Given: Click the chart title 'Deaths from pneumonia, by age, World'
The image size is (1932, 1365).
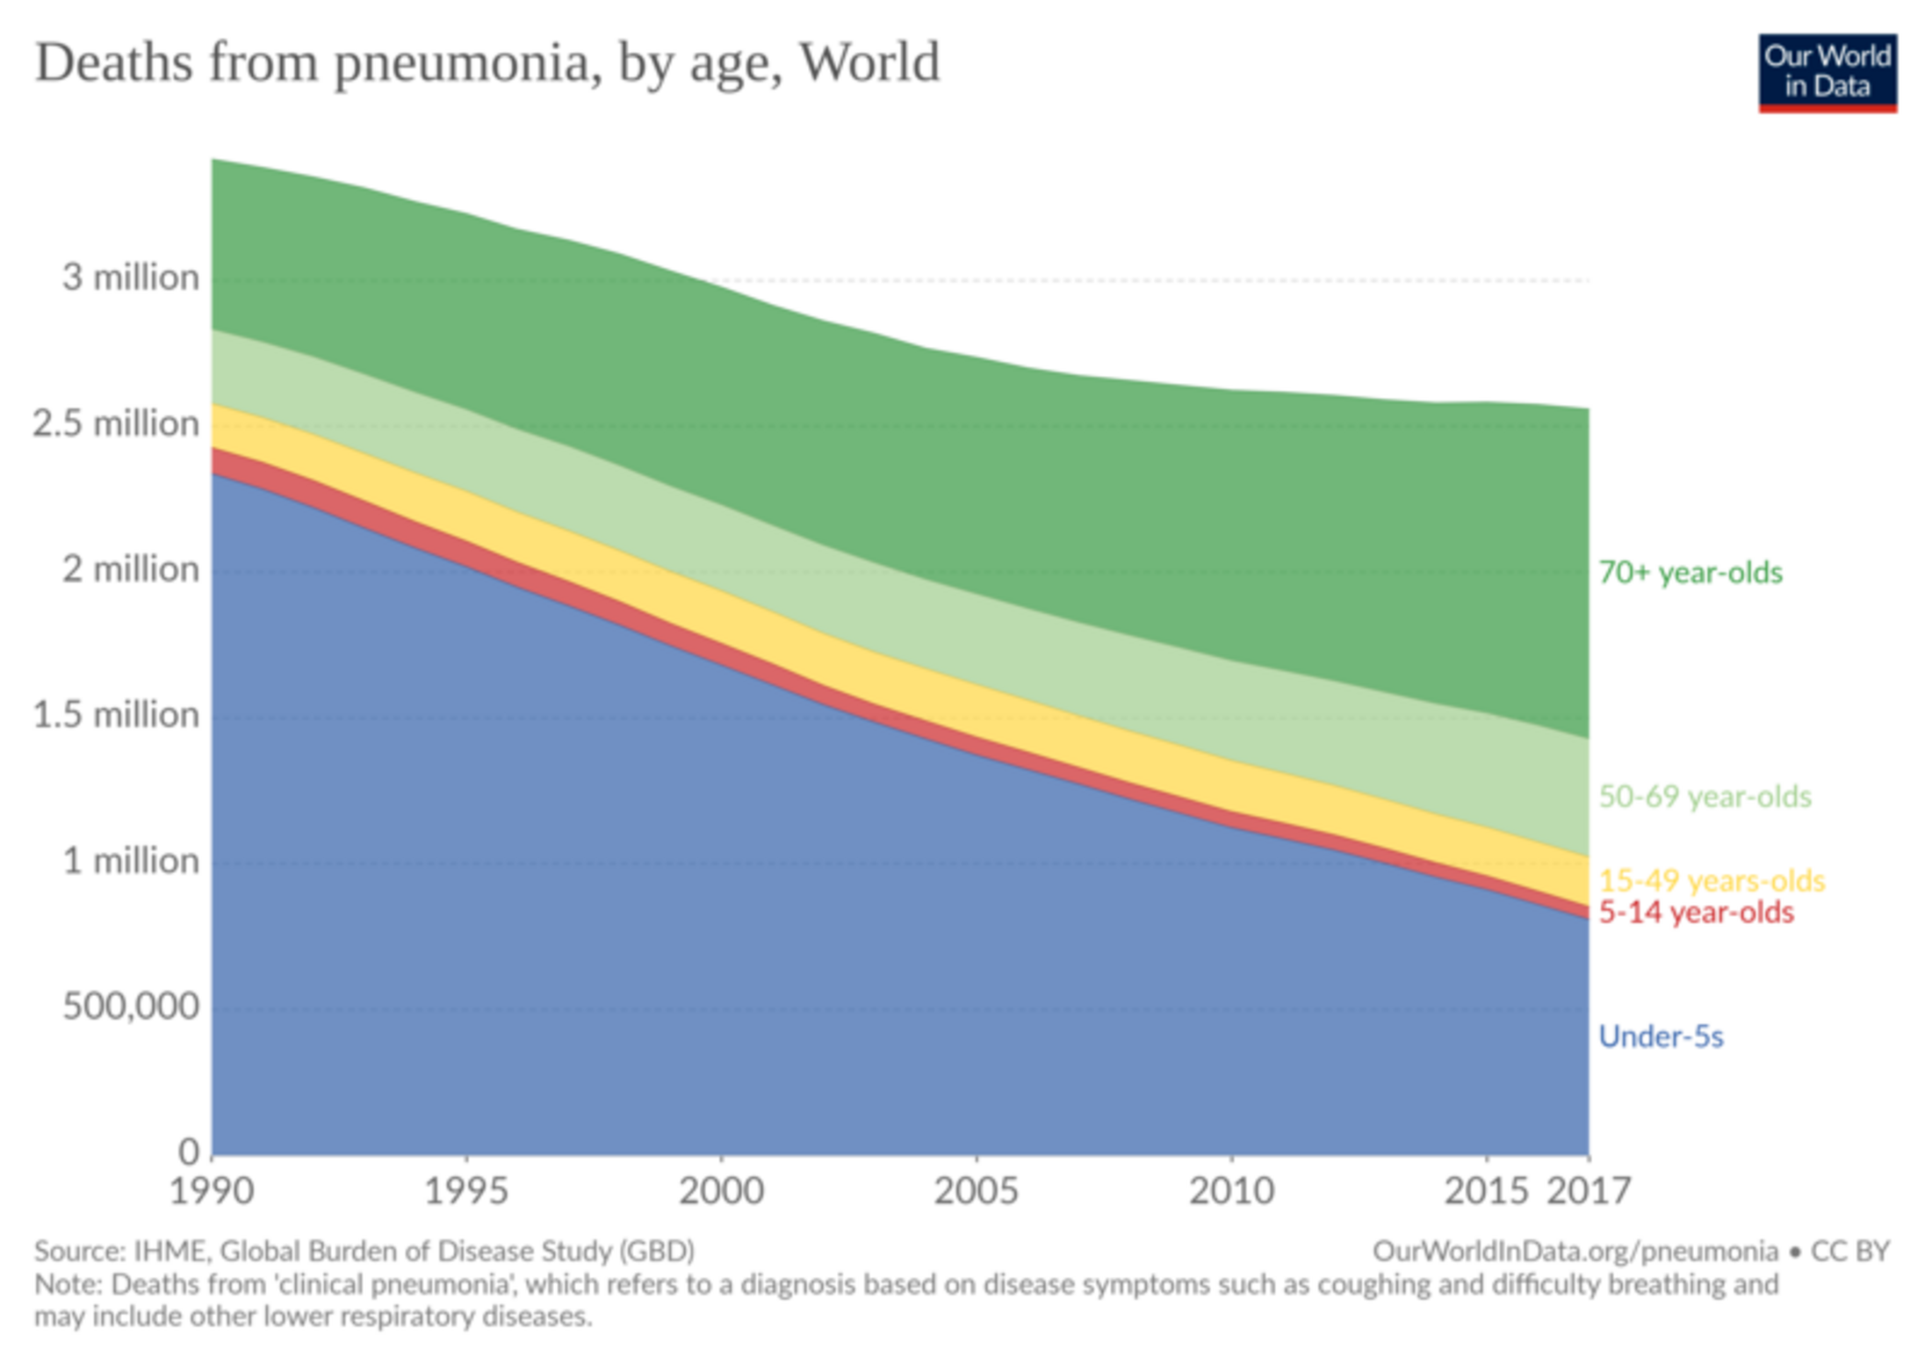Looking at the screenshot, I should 487,63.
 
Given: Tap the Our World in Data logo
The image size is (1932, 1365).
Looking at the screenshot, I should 1827,72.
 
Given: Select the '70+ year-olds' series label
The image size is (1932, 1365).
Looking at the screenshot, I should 1690,573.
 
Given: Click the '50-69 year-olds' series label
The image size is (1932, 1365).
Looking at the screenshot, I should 1705,797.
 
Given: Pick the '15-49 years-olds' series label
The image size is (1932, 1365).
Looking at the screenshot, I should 1712,880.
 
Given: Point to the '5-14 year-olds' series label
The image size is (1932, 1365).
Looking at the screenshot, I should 1696,913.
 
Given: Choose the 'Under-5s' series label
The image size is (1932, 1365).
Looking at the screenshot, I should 1661,1036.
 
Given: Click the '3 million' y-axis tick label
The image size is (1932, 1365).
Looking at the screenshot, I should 130,278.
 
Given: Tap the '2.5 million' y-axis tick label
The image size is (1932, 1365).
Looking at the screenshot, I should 116,423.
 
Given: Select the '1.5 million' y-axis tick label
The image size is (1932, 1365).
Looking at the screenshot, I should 116,715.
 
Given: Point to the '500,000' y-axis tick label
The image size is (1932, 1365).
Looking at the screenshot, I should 131,1007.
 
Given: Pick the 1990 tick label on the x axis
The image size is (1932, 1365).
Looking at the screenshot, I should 212,1191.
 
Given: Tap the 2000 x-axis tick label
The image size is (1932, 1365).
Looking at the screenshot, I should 721,1191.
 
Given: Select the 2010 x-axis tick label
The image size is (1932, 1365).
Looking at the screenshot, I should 1231,1191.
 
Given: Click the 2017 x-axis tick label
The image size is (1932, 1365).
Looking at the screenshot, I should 1588,1191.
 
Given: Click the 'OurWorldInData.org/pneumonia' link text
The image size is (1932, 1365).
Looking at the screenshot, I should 1575,1251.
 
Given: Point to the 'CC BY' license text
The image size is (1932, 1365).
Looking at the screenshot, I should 1850,1251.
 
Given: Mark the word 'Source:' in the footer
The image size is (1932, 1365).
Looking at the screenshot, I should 80,1251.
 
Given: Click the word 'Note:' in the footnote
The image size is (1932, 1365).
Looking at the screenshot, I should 69,1284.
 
